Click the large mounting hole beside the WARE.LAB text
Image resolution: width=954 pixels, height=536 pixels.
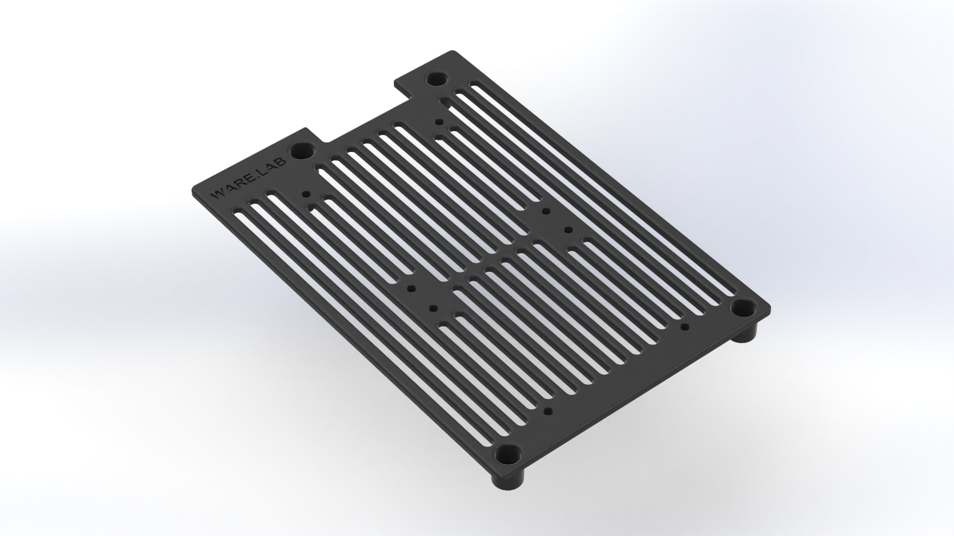302,151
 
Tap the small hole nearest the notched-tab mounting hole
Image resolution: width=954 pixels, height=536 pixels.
439,122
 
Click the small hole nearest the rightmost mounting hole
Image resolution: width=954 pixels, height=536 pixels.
685,326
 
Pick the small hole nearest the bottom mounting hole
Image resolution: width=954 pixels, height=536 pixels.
547,411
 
